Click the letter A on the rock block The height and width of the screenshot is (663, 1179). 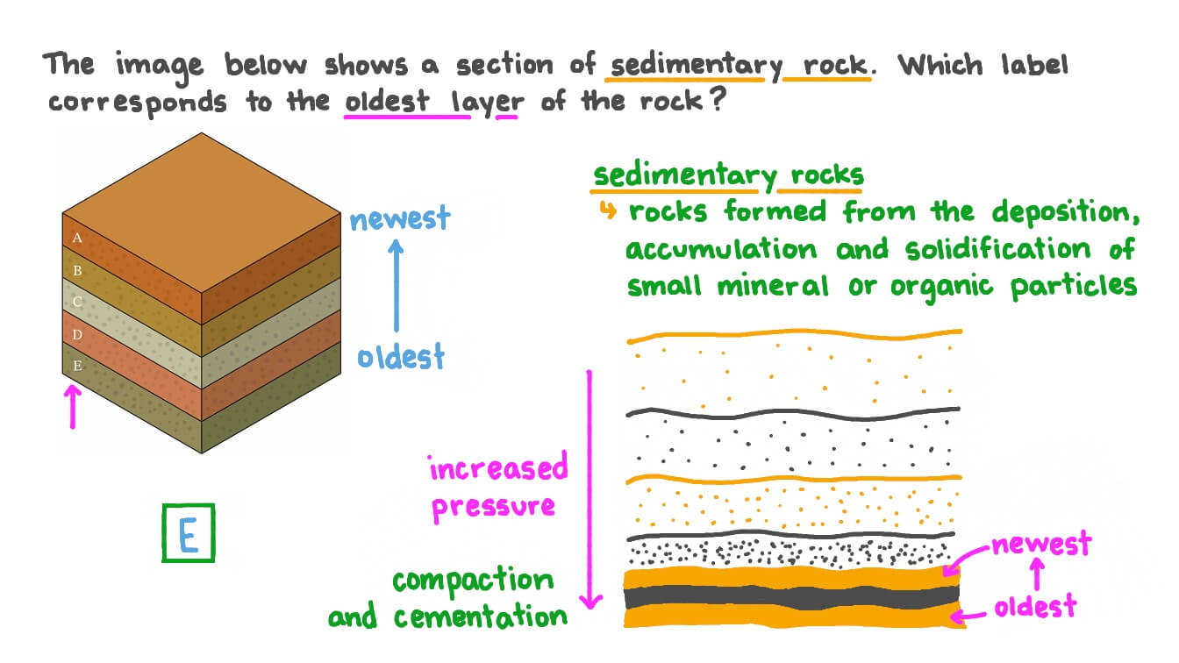pos(77,239)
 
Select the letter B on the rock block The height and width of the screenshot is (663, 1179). pos(77,271)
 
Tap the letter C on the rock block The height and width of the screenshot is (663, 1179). pos(77,303)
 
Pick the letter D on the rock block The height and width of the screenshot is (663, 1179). pos(77,334)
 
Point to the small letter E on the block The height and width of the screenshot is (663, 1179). pos(77,367)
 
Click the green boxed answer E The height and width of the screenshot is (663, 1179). pos(188,532)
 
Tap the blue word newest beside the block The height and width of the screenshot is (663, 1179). pos(399,217)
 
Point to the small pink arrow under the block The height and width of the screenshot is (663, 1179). pos(74,408)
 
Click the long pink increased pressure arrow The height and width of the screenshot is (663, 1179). pos(591,488)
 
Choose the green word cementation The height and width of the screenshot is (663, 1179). pos(481,617)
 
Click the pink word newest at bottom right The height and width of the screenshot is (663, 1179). pos(1041,545)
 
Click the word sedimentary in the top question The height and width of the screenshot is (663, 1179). pos(692,65)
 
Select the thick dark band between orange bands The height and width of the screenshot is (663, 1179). pos(790,596)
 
